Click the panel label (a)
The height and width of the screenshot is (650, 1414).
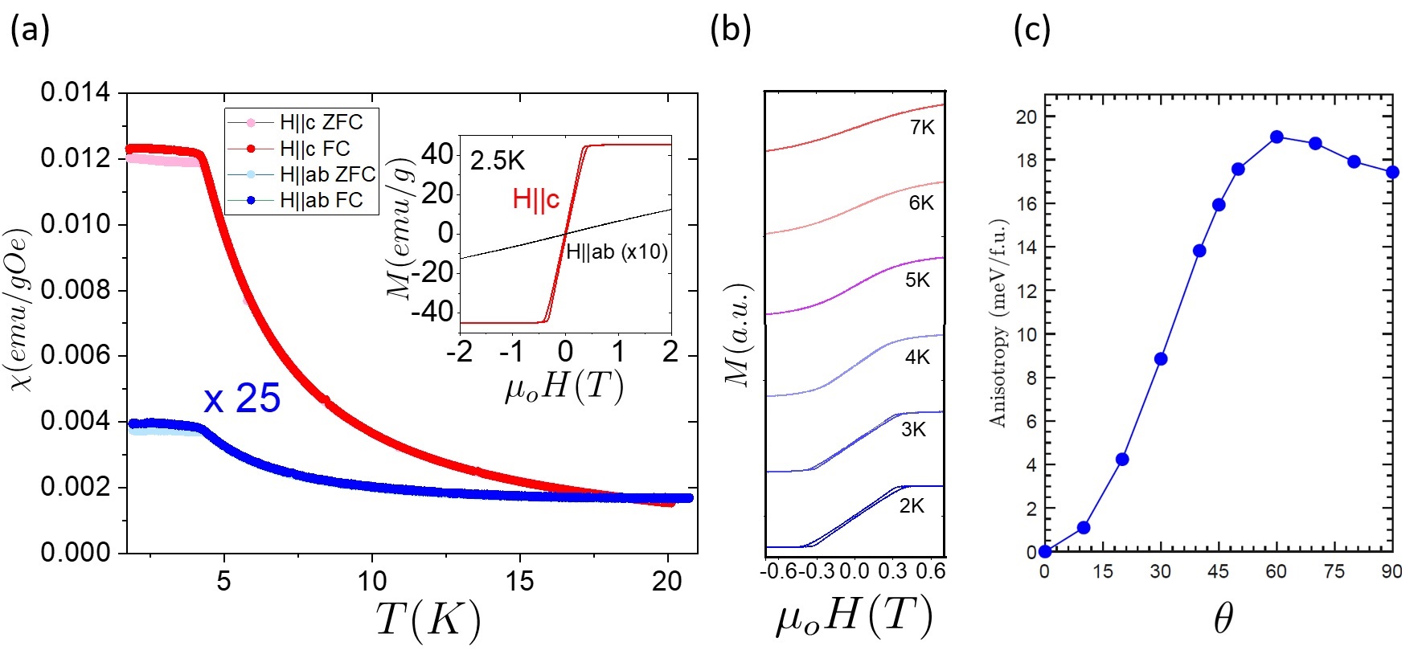click(30, 30)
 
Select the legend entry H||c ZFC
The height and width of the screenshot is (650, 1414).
click(321, 122)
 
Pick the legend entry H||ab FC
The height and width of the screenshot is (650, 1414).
click(321, 200)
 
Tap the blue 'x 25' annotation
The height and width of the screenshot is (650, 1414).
click(242, 399)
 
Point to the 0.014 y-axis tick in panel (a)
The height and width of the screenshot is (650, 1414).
click(76, 92)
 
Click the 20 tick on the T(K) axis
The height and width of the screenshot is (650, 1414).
click(666, 581)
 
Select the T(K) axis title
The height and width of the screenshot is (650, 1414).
click(428, 619)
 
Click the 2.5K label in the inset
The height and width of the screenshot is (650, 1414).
click(498, 161)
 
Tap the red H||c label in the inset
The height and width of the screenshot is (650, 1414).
click(535, 199)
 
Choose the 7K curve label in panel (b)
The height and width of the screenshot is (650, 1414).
click(922, 128)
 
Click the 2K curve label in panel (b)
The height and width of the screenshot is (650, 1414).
click(912, 505)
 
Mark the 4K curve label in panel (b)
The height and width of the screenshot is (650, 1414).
click(917, 357)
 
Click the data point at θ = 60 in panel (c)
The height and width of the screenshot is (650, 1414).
click(1277, 137)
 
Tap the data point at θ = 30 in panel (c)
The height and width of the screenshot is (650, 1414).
click(1161, 359)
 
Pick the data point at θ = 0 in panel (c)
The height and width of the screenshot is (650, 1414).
click(1045, 551)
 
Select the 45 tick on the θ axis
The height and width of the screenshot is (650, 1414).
click(1219, 571)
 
